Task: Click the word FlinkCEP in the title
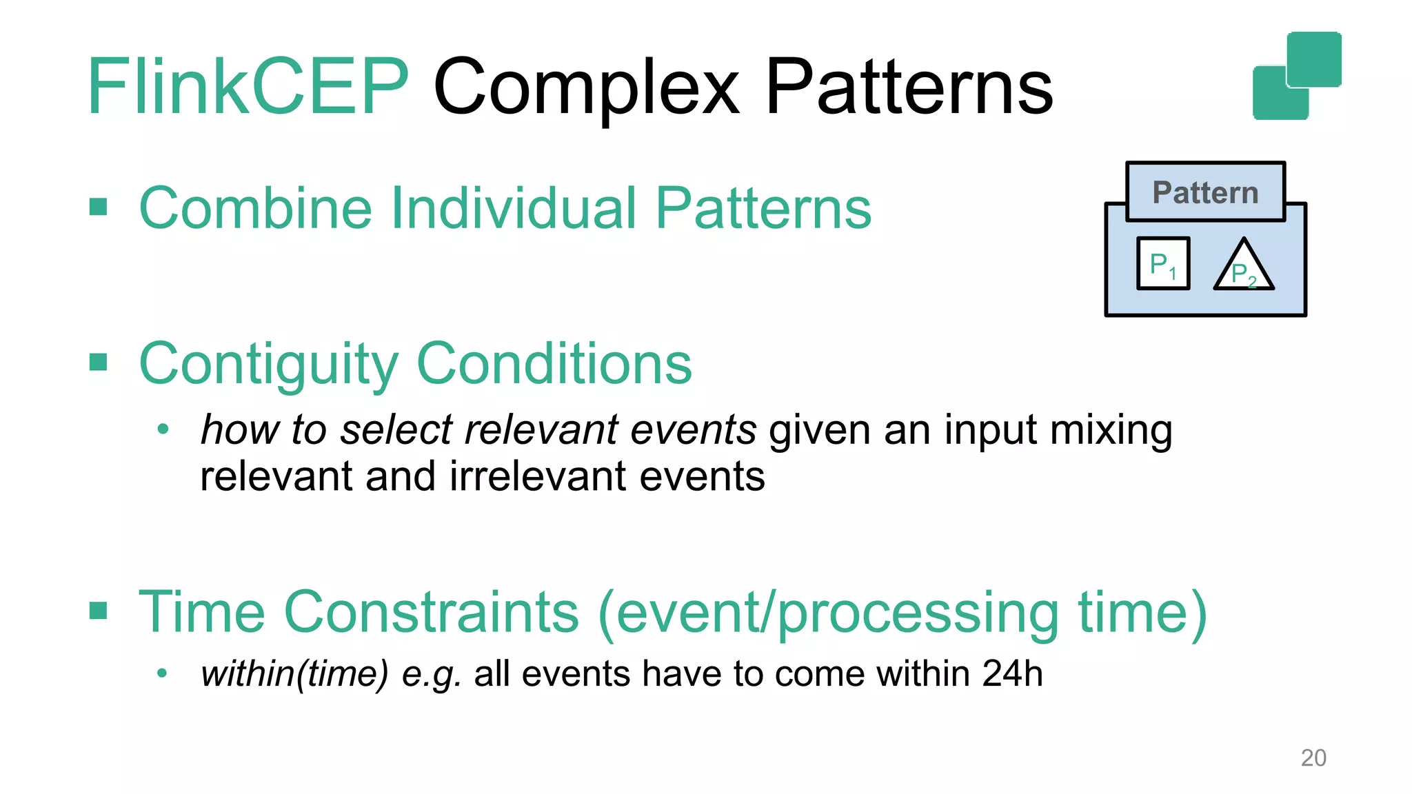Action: (x=248, y=88)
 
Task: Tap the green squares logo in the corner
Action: (x=1297, y=76)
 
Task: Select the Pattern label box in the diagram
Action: (x=1205, y=192)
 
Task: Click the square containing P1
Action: (x=1163, y=264)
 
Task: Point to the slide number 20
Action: (x=1313, y=757)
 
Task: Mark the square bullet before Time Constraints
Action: (x=99, y=611)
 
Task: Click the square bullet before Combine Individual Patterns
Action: (x=99, y=207)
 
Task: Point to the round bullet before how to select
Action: (x=163, y=429)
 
